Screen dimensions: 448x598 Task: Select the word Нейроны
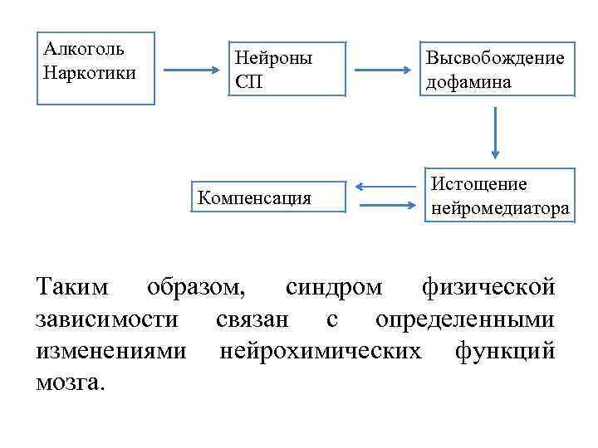point(274,59)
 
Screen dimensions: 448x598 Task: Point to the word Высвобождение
point(495,59)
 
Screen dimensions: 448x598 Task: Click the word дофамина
point(469,82)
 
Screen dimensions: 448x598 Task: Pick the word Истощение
point(478,184)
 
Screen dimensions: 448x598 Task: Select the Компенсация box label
point(254,197)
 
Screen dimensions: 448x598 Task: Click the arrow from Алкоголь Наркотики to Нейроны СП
point(189,71)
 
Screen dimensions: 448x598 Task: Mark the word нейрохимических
point(319,350)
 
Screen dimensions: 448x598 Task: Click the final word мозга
point(71,382)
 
